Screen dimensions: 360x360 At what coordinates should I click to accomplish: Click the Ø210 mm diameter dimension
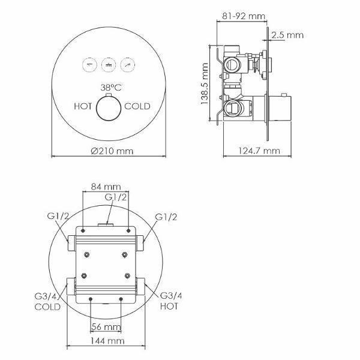[x=112, y=151]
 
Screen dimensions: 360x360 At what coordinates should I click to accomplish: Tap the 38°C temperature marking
[x=111, y=88]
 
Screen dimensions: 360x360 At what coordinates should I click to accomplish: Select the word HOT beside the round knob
[x=83, y=106]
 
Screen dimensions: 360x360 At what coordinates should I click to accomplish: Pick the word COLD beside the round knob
[x=137, y=106]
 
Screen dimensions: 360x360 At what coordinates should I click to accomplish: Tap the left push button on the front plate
[x=89, y=65]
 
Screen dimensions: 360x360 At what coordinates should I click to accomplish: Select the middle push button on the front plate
[x=109, y=65]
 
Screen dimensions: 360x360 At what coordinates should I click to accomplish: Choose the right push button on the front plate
[x=128, y=65]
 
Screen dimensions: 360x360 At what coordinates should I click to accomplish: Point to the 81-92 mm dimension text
[x=244, y=16]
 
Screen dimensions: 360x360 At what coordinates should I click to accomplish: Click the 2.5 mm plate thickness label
[x=287, y=35]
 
